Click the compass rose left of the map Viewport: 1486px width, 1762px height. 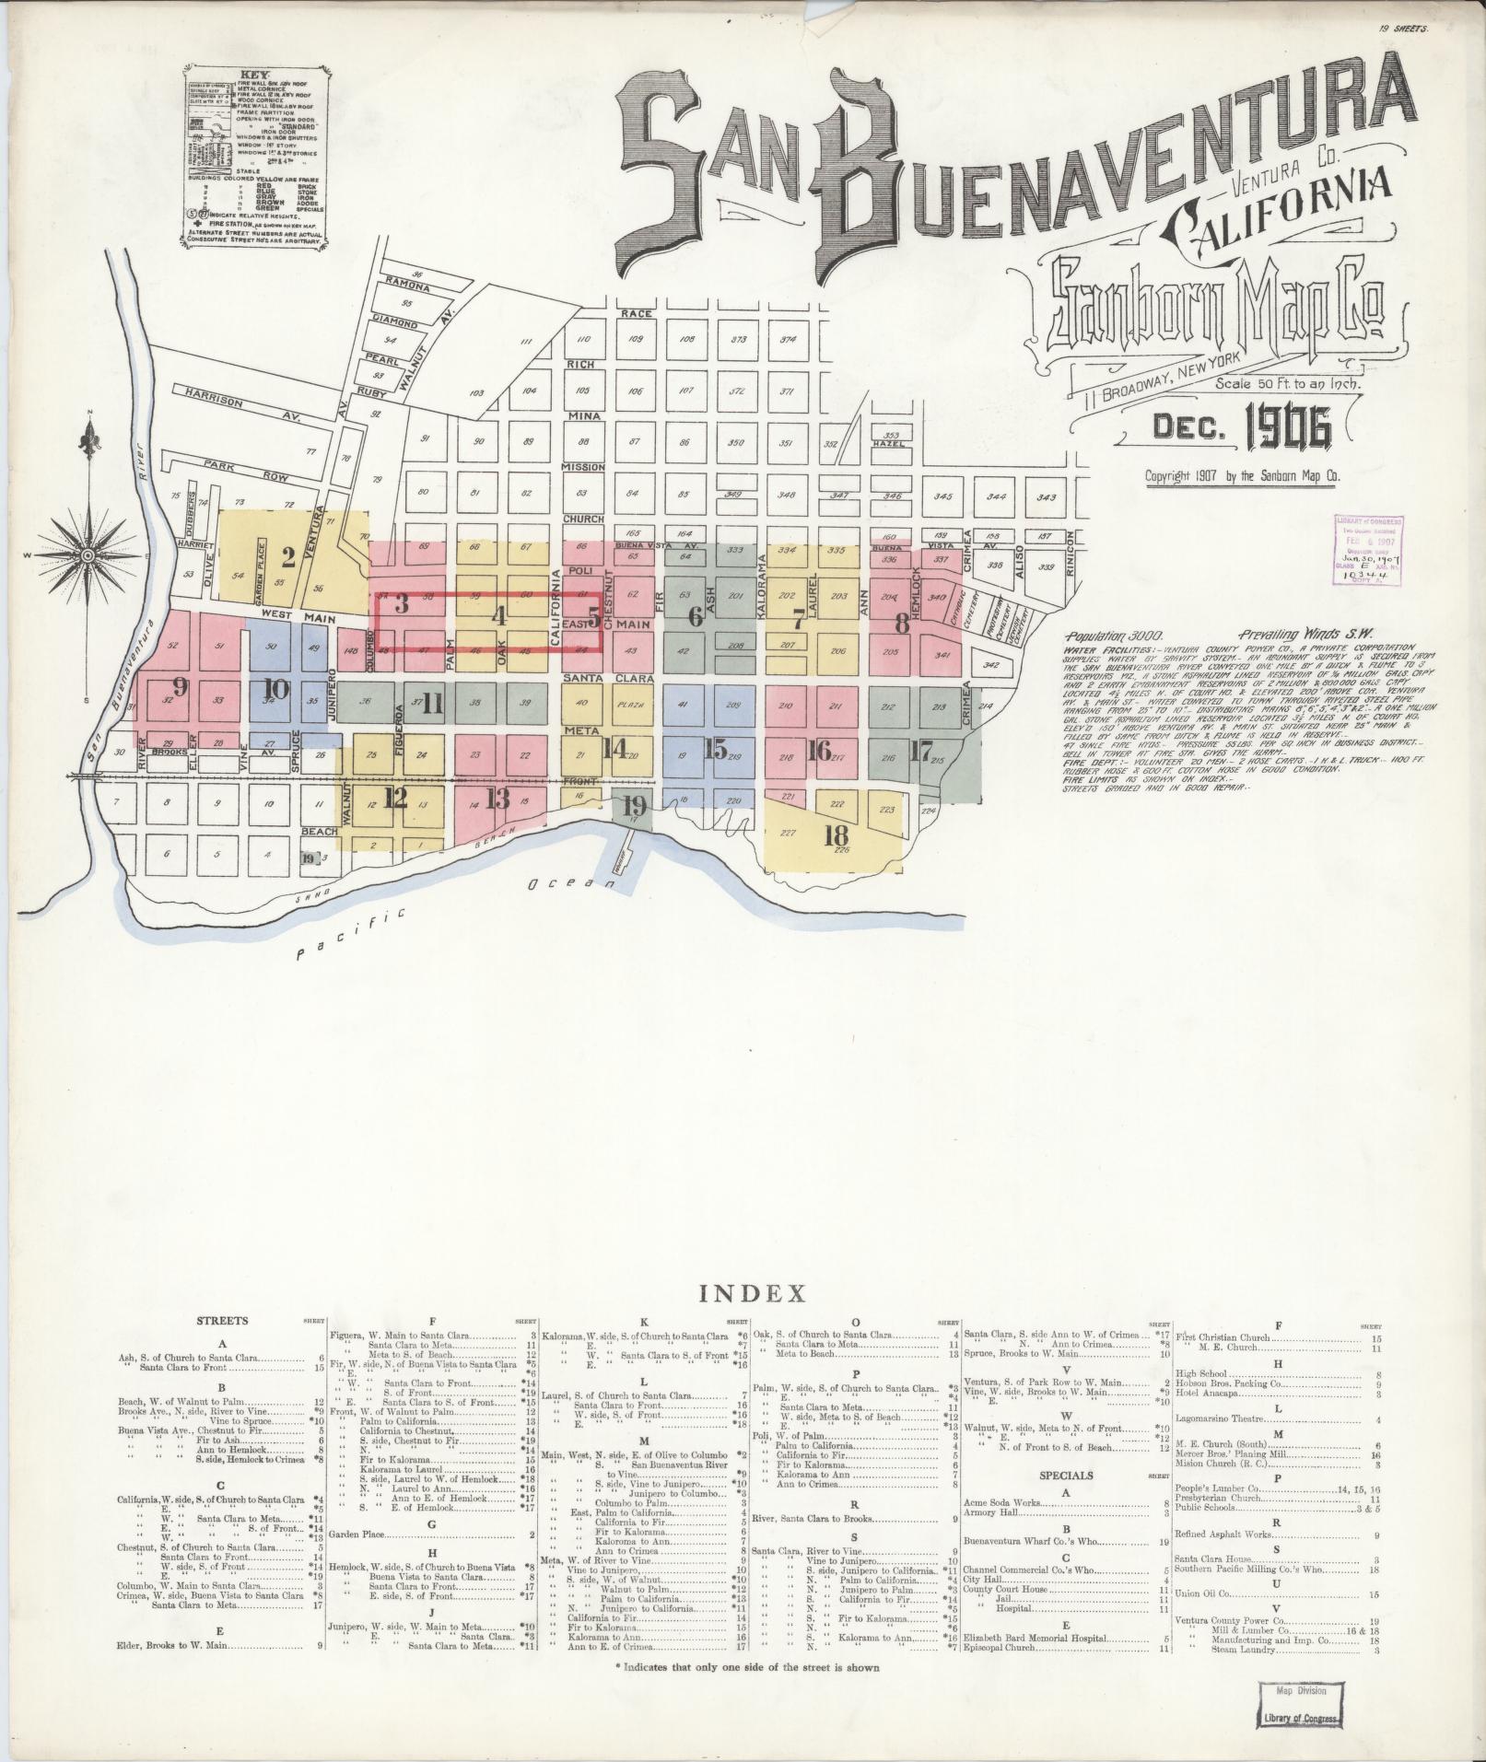pyautogui.click(x=89, y=555)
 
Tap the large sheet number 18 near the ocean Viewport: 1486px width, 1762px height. pyautogui.click(x=837, y=836)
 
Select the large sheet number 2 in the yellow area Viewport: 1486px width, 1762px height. pyautogui.click(x=287, y=556)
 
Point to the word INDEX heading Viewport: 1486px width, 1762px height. pyautogui.click(x=753, y=1294)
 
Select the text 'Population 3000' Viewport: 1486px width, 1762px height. pyautogui.click(x=1114, y=636)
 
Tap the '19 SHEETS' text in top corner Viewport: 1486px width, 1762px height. pyautogui.click(x=1402, y=5)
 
